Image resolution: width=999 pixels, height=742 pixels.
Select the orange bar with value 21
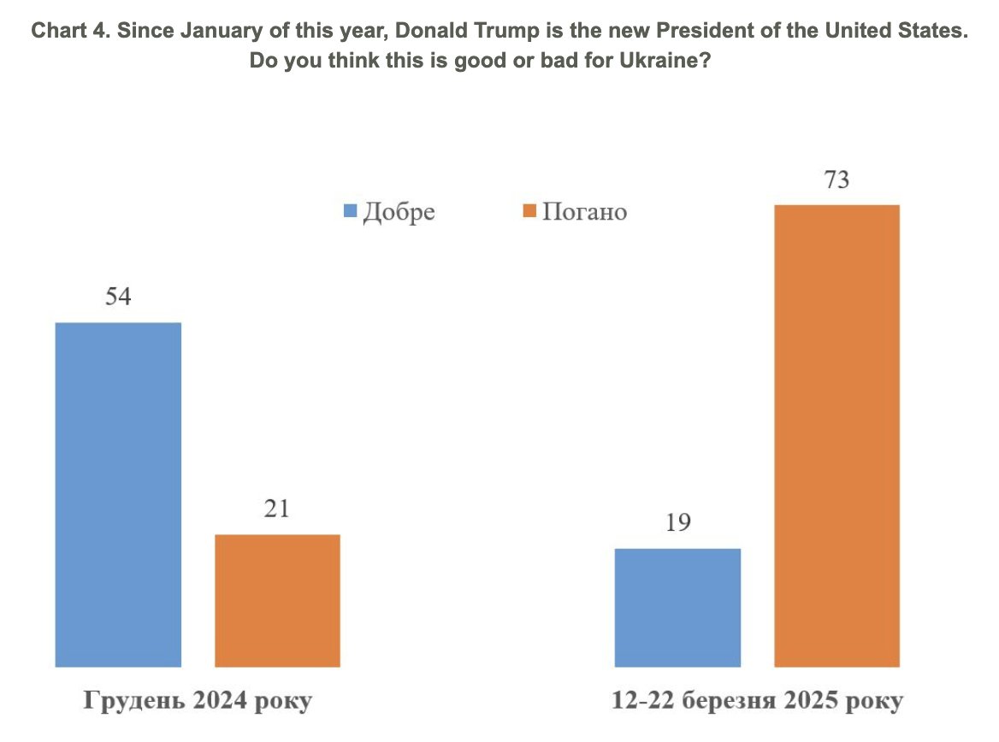(277, 600)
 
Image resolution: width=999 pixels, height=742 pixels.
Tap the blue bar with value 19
(677, 607)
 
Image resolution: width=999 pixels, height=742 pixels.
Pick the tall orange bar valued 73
(836, 435)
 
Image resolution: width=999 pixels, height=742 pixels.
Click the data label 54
(118, 297)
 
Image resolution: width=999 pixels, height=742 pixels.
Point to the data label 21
(277, 509)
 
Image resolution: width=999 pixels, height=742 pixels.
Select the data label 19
(677, 523)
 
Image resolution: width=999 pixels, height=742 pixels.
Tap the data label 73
(836, 180)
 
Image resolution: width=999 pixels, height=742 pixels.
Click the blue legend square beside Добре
(350, 211)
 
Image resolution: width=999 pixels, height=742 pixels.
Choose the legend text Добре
(399, 211)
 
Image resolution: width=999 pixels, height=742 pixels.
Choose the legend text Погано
(585, 211)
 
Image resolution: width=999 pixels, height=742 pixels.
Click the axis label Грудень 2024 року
(198, 701)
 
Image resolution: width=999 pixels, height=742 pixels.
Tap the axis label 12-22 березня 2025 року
(757, 701)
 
